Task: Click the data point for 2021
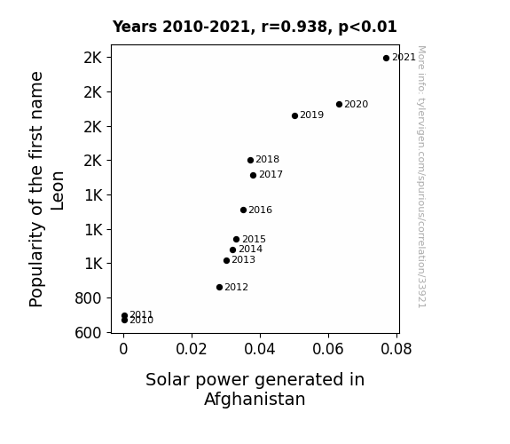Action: (386, 59)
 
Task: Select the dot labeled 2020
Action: (339, 104)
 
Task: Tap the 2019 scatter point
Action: (295, 115)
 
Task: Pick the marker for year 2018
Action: (250, 160)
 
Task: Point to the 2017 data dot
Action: (254, 175)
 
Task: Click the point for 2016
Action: (243, 210)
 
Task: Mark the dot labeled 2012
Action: (220, 288)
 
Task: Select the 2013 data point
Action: (227, 260)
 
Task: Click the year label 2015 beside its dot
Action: (254, 240)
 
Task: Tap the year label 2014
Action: (250, 250)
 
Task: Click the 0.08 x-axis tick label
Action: (396, 349)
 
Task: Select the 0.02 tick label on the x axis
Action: (192, 349)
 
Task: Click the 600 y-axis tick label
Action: (88, 333)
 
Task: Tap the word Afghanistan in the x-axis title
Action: (255, 399)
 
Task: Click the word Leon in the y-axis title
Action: (58, 191)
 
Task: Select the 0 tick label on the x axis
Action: (123, 349)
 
